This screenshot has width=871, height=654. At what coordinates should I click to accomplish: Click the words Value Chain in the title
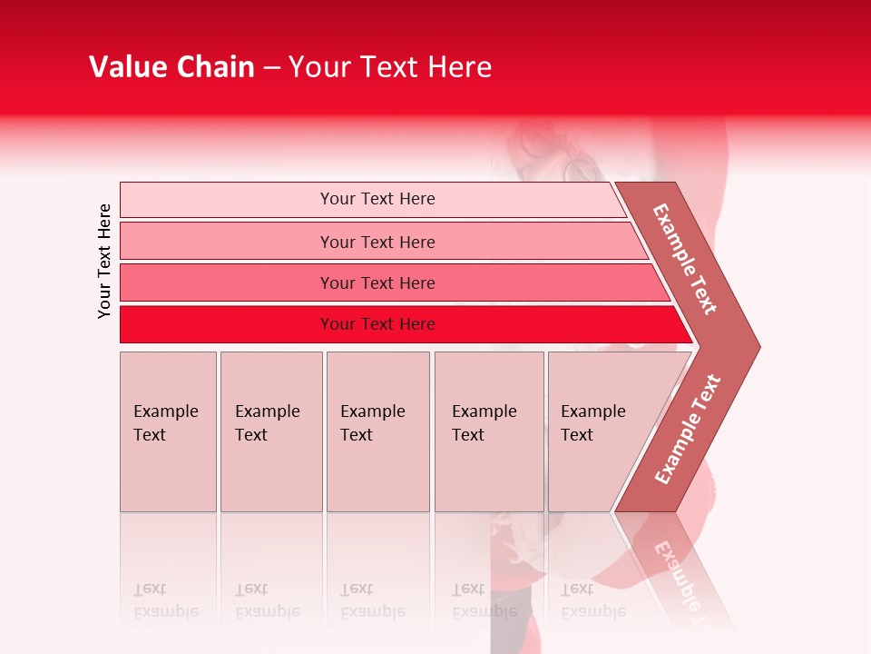171,67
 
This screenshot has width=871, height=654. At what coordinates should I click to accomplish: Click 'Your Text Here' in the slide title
390,67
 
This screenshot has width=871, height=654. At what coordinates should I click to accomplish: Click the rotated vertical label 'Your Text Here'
104,261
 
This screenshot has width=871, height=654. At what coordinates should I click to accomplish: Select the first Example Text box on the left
168,431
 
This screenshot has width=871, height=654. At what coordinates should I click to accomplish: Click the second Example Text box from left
270,431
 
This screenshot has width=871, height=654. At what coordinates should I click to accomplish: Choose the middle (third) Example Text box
377,431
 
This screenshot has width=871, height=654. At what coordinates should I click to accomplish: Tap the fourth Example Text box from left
488,431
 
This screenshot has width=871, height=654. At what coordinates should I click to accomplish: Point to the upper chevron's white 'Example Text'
685,259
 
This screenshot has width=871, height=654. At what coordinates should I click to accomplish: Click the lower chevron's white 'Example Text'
688,429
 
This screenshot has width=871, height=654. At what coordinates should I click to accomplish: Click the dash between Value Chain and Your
271,68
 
